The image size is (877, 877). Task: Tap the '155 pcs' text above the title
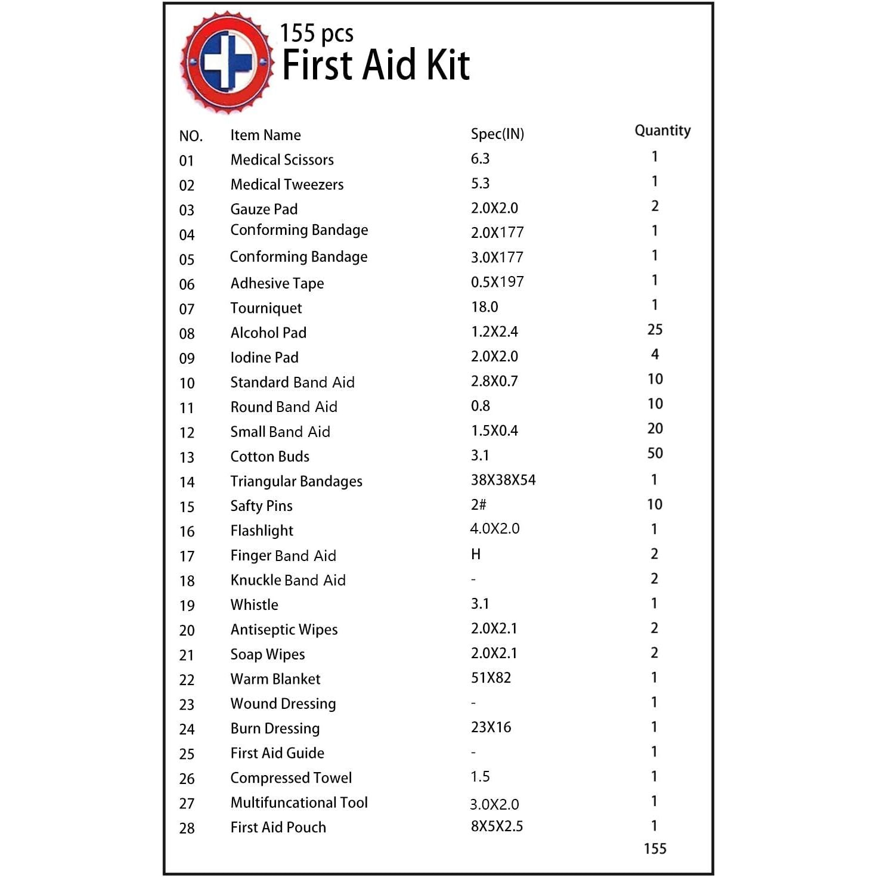(317, 34)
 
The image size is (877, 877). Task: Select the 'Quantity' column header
(662, 131)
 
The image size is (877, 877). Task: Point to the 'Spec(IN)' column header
(497, 134)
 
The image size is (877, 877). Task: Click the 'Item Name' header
(265, 135)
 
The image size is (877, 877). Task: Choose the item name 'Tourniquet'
(266, 308)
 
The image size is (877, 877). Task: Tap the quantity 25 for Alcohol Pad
(655, 330)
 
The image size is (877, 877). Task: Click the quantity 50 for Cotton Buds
(655, 454)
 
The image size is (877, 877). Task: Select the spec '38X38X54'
(503, 480)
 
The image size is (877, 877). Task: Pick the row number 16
(187, 531)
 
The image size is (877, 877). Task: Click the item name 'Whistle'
(254, 605)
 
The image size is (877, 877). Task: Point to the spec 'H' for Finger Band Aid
(476, 554)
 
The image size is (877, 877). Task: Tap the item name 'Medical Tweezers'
(287, 185)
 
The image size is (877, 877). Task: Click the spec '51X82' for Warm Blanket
(491, 678)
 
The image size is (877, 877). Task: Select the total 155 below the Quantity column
(655, 849)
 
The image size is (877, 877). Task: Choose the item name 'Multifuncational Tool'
(299, 803)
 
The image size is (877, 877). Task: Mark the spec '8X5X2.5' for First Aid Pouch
(497, 826)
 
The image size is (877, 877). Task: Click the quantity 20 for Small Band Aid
(655, 429)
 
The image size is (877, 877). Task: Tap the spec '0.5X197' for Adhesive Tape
(497, 282)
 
